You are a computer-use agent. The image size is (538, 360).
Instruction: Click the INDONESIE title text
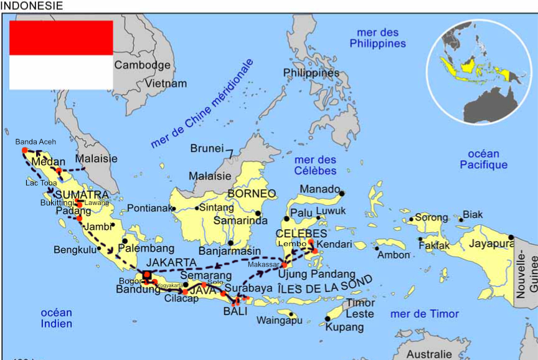[32, 6]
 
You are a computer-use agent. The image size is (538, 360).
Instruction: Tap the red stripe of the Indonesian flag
[60, 37]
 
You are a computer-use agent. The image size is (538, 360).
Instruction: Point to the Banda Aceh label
[35, 142]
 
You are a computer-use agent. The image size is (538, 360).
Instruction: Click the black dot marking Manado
[341, 194]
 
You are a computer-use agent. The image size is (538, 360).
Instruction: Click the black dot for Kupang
[328, 319]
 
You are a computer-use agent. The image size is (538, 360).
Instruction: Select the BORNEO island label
[252, 194]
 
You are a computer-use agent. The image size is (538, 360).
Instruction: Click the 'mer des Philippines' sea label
[377, 38]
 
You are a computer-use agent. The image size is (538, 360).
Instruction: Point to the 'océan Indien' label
[57, 318]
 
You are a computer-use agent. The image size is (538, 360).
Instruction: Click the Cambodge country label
[142, 65]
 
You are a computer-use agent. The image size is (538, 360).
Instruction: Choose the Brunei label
[207, 149]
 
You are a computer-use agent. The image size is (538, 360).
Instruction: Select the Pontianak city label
[148, 208]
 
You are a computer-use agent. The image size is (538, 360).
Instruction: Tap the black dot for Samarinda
[258, 214]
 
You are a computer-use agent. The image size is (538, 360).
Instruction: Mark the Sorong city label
[432, 218]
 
